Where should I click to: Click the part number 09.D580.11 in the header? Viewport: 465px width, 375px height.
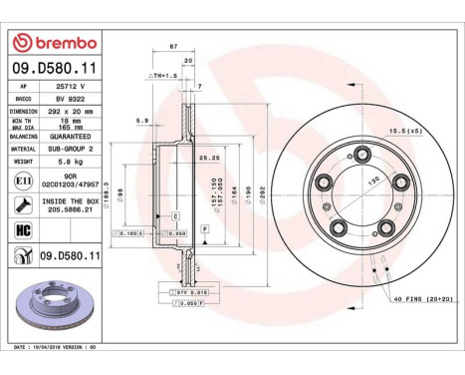[x=55, y=69]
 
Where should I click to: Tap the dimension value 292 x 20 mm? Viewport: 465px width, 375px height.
[x=74, y=111]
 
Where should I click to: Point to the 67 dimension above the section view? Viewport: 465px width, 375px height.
[x=173, y=46]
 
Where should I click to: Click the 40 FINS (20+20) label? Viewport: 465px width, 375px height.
[x=419, y=299]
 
